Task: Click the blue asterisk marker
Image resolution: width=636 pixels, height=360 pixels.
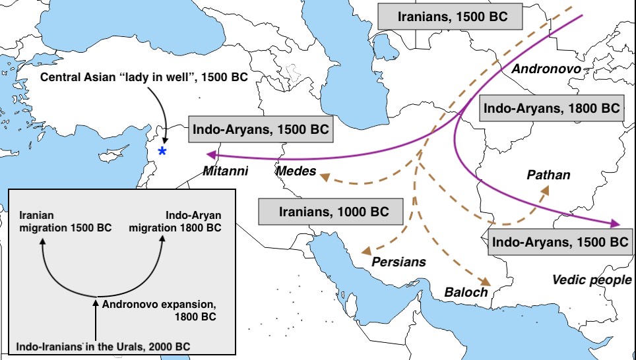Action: [162, 152]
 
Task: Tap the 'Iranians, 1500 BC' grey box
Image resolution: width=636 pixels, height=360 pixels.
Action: [452, 16]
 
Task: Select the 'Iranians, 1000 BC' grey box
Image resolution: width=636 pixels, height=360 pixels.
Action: [330, 212]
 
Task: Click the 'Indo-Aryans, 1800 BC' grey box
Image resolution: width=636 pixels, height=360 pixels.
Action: [552, 108]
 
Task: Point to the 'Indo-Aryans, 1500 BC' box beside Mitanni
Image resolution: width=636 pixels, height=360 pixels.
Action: [261, 129]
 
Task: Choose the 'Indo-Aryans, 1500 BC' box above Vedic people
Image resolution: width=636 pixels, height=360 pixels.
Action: [560, 242]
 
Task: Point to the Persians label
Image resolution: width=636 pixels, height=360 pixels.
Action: [399, 262]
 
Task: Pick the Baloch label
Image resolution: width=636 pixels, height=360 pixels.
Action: [466, 291]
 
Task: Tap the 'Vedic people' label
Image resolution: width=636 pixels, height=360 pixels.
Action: [592, 280]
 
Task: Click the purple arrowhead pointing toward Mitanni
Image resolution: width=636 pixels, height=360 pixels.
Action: [210, 155]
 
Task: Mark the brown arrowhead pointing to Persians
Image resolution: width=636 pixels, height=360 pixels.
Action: [366, 252]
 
